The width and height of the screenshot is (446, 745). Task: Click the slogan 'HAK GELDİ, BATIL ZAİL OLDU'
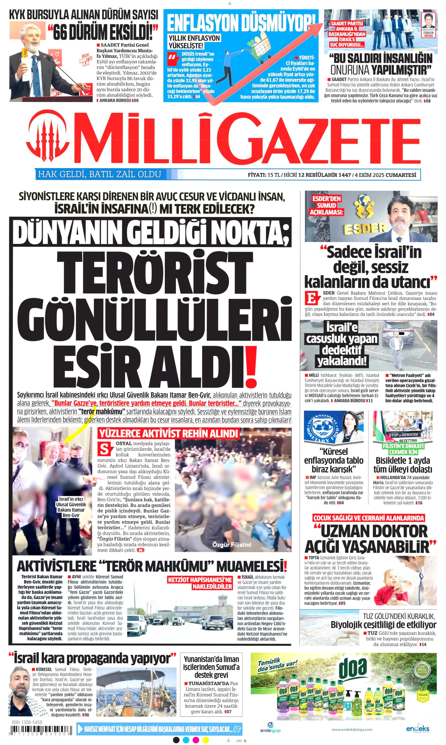coord(100,174)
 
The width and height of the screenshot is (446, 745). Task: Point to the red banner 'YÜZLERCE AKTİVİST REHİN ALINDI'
coord(168,434)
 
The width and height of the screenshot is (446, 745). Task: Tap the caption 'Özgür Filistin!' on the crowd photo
coord(231,544)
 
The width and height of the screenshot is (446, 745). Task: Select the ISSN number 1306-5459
coord(27,722)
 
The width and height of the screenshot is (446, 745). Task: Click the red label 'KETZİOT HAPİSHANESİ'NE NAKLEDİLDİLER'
coord(200,583)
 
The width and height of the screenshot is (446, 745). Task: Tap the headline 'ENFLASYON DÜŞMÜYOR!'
coord(240,23)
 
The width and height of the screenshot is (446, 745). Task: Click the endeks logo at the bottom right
coord(417,729)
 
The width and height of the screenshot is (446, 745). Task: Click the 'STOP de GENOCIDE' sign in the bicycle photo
coord(403,435)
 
